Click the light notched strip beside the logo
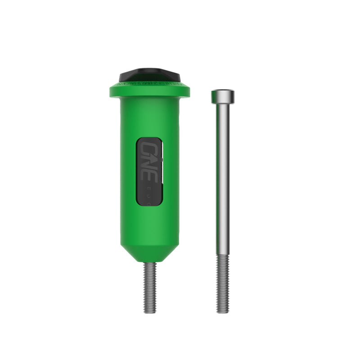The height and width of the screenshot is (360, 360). (x=161, y=171)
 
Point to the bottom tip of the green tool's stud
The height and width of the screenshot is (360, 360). (x=150, y=312)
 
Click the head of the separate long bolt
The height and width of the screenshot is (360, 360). (x=223, y=96)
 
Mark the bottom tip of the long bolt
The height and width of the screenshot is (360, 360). (x=223, y=312)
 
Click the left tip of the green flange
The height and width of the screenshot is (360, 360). (x=111, y=91)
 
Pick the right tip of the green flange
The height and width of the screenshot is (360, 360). (x=189, y=91)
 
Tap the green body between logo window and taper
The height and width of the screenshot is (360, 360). (x=149, y=225)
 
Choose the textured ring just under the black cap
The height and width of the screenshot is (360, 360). (x=149, y=82)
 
